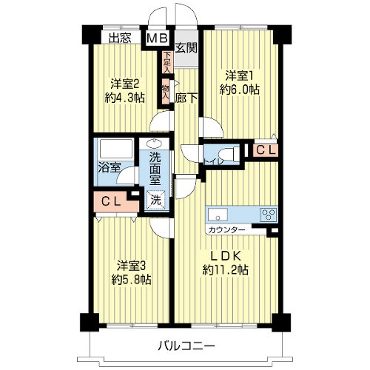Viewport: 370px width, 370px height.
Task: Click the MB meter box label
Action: point(158,38)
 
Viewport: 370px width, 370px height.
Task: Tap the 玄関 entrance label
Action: point(186,47)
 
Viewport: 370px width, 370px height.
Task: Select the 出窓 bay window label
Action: point(120,38)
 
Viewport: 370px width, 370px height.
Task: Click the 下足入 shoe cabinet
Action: point(167,61)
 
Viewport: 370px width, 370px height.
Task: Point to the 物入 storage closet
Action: point(166,91)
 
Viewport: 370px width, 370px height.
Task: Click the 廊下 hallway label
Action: point(186,98)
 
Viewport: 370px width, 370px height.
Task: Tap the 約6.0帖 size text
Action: point(240,90)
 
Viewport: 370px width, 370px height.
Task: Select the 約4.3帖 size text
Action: point(124,98)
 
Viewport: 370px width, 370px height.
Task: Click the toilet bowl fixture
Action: point(229,155)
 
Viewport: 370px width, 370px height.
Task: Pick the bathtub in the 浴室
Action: point(115,149)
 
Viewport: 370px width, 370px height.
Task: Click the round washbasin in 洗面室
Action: point(154,144)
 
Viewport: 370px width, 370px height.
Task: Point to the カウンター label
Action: point(226,230)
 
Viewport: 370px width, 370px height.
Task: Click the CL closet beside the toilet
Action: point(266,150)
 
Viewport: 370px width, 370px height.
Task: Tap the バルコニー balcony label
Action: point(186,346)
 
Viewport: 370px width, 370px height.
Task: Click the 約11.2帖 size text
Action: point(226,270)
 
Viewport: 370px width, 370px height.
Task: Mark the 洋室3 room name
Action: point(131,266)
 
